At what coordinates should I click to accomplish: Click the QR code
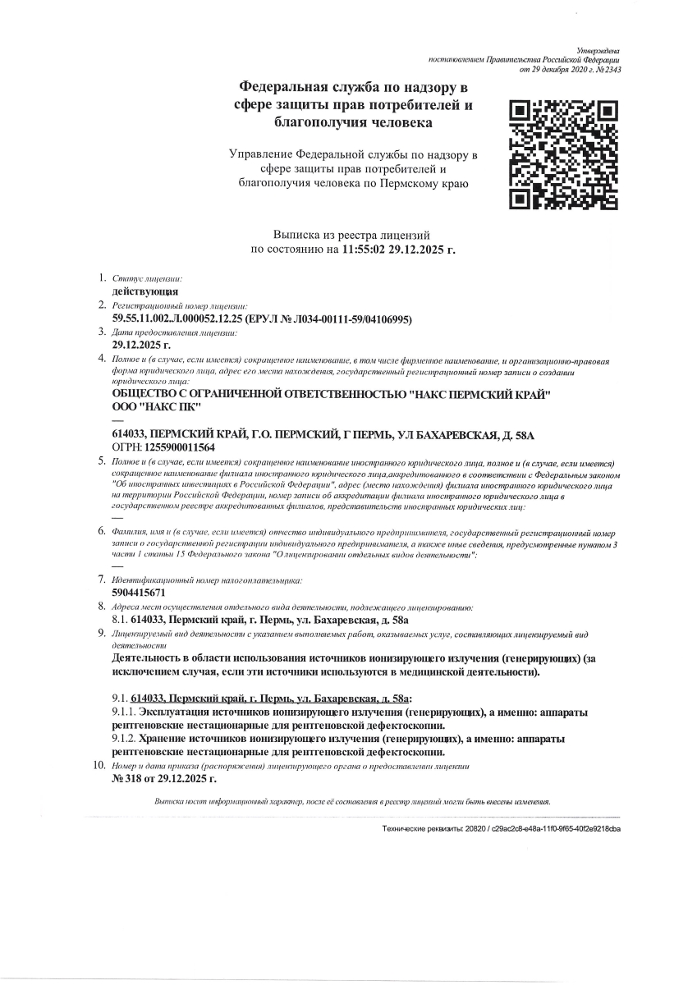tap(563, 153)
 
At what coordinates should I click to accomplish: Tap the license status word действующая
tap(145, 291)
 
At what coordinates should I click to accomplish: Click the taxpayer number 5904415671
tap(138, 592)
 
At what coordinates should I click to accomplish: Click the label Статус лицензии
tap(147, 279)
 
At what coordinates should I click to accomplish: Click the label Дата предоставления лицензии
tap(175, 332)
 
